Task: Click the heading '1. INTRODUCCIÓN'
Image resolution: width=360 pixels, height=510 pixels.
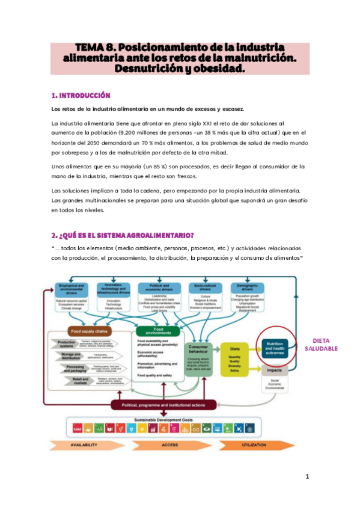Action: tap(81, 95)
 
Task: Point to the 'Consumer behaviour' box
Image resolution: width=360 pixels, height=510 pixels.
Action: tap(201, 349)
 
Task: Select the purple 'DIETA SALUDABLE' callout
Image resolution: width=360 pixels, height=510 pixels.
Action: tap(321, 344)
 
